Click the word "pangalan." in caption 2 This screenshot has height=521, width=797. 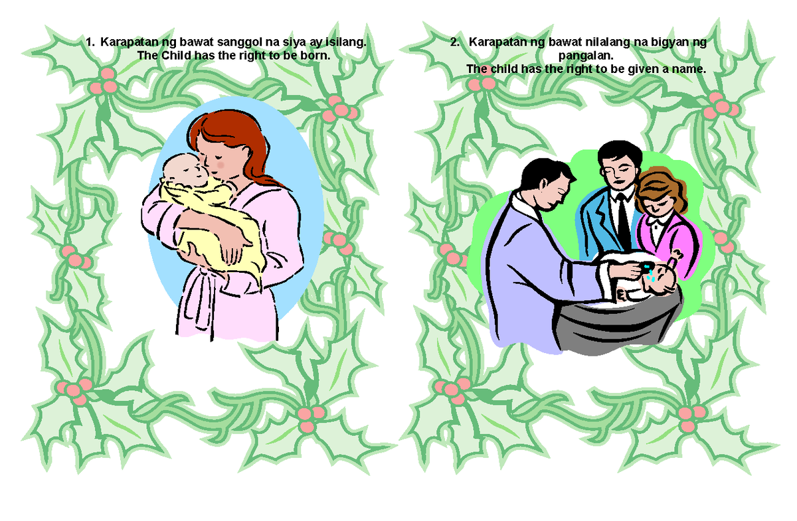pos(586,56)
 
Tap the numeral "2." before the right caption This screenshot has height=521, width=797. pos(455,42)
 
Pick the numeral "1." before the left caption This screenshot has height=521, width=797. pos(90,42)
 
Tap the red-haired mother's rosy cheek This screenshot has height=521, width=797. pos(221,165)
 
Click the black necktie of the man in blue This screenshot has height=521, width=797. pos(623,219)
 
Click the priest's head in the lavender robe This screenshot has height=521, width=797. pos(546,185)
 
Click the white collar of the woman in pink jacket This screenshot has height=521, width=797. pos(658,222)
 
